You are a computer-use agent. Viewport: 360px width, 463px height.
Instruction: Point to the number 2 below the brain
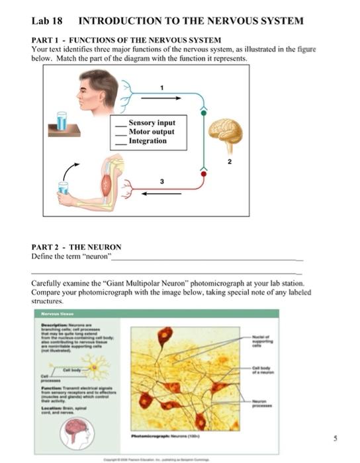click(x=230, y=161)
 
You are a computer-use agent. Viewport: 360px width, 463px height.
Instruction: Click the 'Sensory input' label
click(x=152, y=123)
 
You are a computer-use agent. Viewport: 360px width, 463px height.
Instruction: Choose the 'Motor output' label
click(x=152, y=132)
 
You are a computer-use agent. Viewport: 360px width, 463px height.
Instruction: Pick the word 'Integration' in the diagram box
click(x=148, y=141)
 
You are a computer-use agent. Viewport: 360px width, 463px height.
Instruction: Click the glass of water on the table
click(x=62, y=121)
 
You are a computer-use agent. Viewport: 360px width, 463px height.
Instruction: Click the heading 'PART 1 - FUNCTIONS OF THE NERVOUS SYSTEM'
click(x=126, y=40)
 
